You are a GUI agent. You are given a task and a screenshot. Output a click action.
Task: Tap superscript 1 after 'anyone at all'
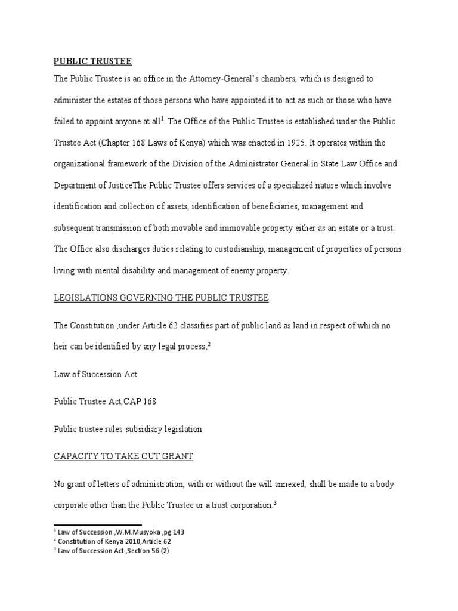(x=162, y=119)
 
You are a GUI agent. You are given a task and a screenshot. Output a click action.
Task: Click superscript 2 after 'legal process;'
(x=210, y=343)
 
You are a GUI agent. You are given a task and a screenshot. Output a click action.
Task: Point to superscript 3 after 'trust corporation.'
(x=274, y=502)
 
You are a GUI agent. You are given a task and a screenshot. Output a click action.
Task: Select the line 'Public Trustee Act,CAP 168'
(x=105, y=402)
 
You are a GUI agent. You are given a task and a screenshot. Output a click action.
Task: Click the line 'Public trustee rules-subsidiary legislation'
(x=128, y=428)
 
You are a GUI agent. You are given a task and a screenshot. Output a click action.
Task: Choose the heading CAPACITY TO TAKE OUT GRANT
(x=123, y=457)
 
